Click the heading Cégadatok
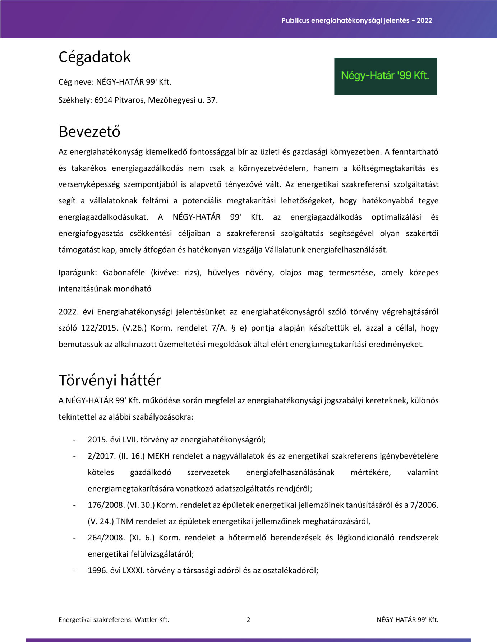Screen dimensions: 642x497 (x=95, y=57)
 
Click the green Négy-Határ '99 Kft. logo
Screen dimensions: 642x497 (x=385, y=76)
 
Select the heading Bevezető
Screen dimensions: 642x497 (x=89, y=132)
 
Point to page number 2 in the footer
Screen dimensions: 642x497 (x=248, y=619)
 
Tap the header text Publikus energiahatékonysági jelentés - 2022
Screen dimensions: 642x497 (x=356, y=20)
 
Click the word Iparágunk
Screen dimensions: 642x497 (x=78, y=272)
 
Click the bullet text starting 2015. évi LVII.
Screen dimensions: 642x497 (x=176, y=440)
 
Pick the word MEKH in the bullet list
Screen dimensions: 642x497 (x=158, y=456)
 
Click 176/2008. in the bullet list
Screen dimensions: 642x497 (x=106, y=505)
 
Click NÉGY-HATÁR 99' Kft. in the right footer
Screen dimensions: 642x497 (x=408, y=619)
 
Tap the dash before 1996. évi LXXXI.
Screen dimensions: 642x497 (x=74, y=571)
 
